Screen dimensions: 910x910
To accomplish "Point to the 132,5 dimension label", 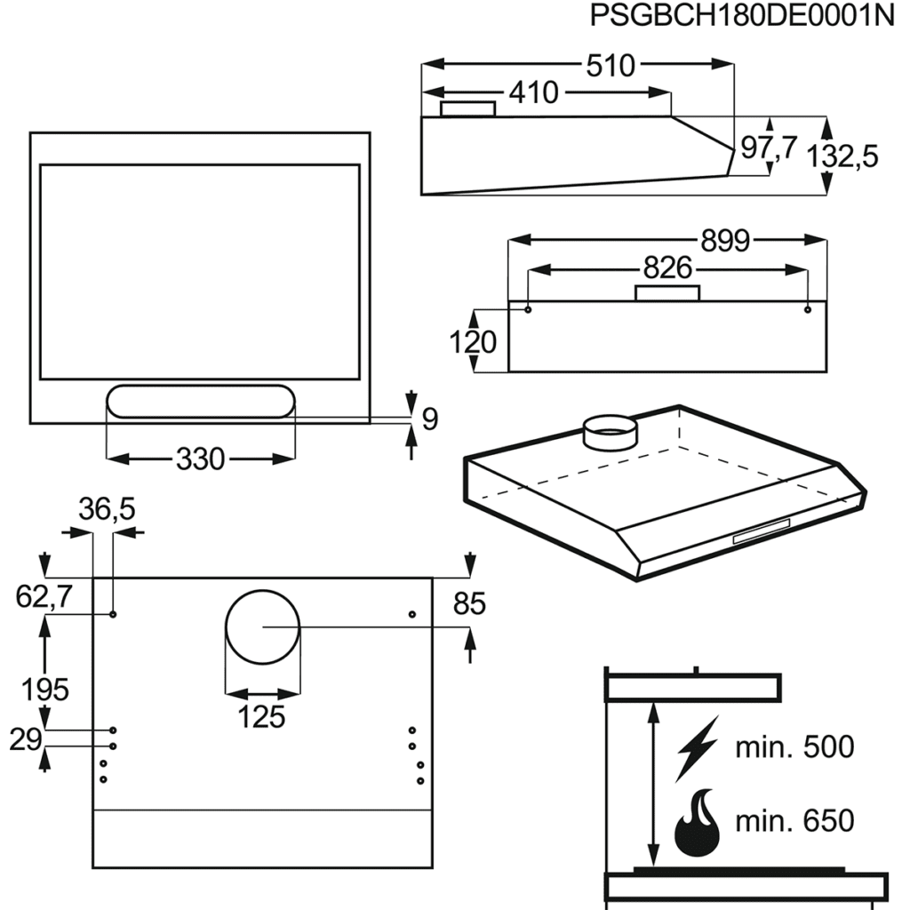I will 843,156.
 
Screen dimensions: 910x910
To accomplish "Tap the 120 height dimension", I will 471,341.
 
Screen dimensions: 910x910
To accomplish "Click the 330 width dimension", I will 200,459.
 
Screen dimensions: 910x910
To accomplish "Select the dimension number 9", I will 429,419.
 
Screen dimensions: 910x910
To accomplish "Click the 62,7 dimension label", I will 44,598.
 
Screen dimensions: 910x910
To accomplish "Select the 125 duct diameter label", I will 261,716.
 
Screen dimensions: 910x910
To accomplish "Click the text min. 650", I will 794,820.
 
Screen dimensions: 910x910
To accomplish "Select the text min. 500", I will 794,747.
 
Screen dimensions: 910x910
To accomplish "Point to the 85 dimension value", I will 469,604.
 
